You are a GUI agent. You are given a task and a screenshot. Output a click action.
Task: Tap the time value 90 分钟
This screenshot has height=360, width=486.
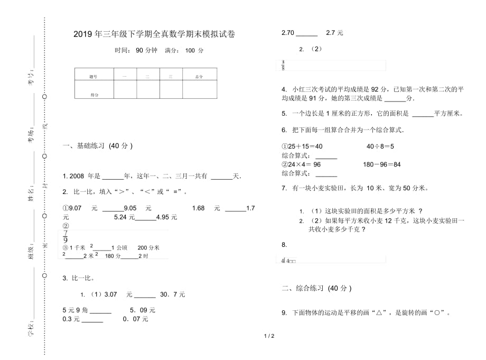pyautogui.click(x=146, y=51)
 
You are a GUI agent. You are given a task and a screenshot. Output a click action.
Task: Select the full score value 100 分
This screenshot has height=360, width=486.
pyautogui.click(x=194, y=51)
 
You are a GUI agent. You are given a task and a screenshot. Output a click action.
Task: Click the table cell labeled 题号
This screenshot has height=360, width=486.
pyautogui.click(x=94, y=77)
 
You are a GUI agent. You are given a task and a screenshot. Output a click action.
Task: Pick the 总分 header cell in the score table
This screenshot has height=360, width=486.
pyautogui.click(x=199, y=77)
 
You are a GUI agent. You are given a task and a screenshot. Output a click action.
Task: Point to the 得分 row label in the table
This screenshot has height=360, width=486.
pyautogui.click(x=95, y=95)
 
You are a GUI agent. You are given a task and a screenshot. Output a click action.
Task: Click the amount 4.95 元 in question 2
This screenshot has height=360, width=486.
pyautogui.click(x=167, y=217)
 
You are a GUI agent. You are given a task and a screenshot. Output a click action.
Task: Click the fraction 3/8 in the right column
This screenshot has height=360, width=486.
pyautogui.click(x=284, y=66)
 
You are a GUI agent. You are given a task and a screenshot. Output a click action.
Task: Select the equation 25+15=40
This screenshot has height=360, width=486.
pyautogui.click(x=303, y=146)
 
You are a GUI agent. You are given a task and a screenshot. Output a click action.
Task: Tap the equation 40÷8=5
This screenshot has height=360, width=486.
pyautogui.click(x=380, y=146)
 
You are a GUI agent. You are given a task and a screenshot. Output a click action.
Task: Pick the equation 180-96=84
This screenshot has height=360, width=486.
pyautogui.click(x=381, y=164)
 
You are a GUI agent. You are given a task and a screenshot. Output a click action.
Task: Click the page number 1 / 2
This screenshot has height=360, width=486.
pyautogui.click(x=268, y=336)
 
